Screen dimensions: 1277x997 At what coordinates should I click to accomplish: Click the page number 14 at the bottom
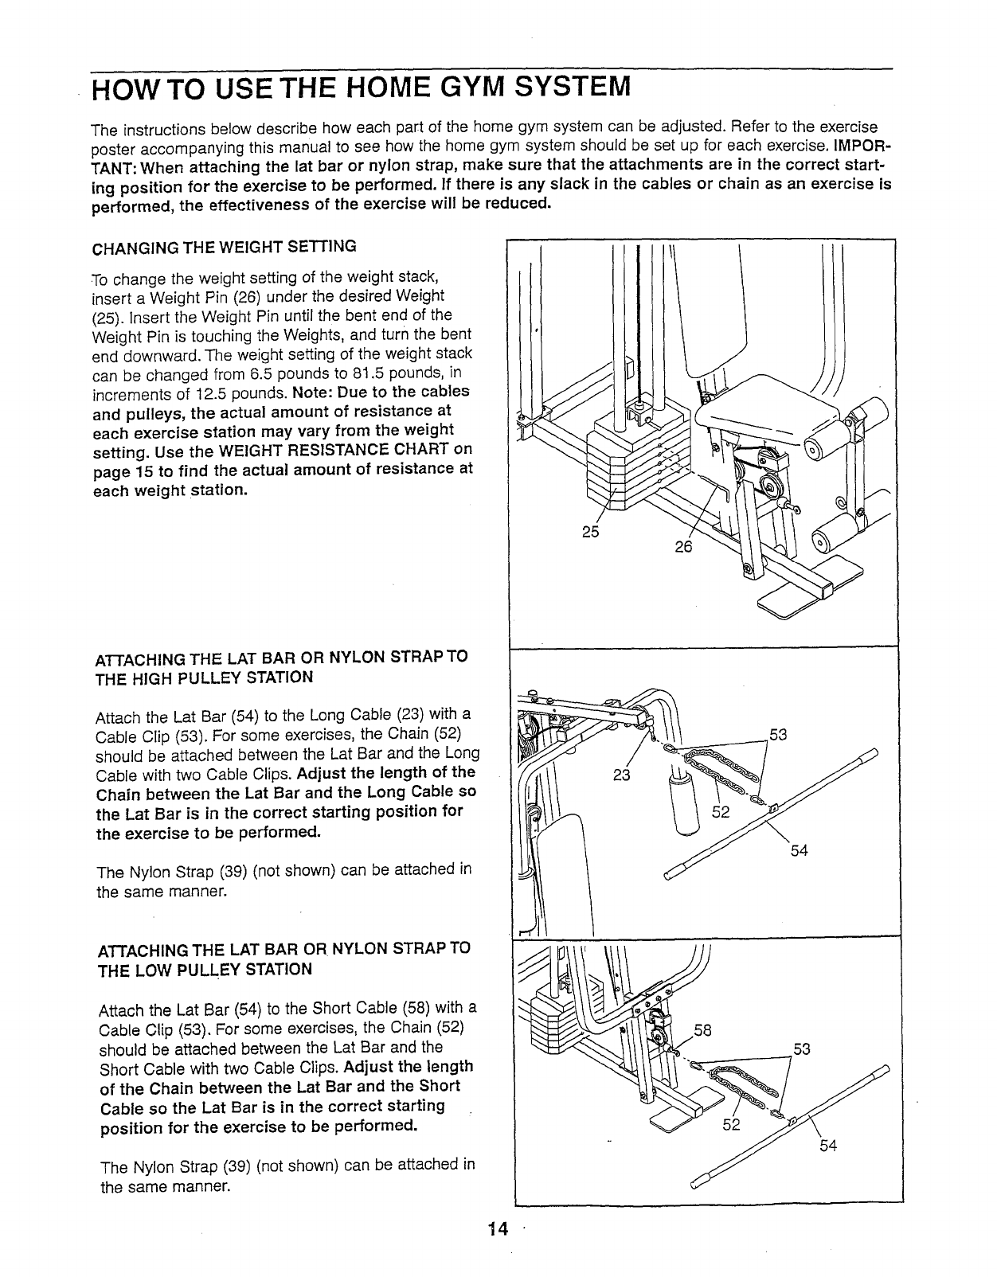(498, 1228)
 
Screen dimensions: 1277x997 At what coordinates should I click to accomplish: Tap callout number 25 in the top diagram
(590, 533)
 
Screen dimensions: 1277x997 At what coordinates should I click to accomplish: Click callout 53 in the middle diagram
(777, 734)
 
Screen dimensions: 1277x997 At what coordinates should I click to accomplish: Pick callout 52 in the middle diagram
(721, 813)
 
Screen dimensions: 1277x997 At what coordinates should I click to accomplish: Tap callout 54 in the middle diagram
(799, 850)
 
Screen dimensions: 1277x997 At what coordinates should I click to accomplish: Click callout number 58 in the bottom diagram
(703, 1030)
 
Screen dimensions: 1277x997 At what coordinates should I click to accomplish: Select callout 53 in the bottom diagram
(801, 1049)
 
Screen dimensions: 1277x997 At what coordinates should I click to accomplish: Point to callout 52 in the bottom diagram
(731, 1125)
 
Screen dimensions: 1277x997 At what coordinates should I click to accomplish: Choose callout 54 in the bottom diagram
(828, 1146)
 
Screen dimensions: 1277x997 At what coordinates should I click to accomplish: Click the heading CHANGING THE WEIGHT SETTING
(225, 246)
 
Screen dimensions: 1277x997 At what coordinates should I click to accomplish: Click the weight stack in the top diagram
(629, 462)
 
